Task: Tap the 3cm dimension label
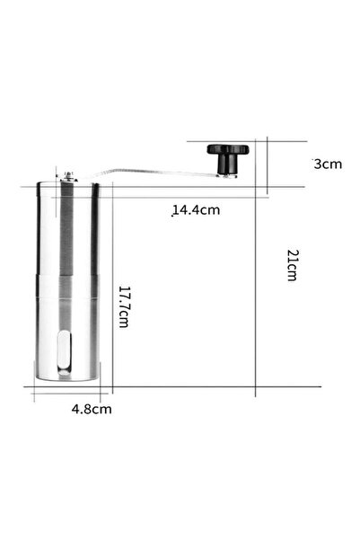click(327, 164)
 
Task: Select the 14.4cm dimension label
click(196, 210)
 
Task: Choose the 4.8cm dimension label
click(92, 409)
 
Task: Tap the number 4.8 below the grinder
click(83, 409)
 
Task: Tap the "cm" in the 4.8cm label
click(103, 409)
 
